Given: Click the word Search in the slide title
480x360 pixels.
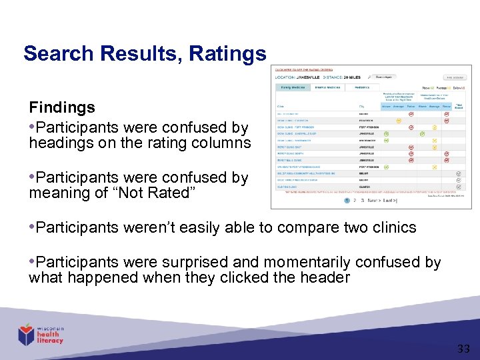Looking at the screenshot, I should (x=55, y=53).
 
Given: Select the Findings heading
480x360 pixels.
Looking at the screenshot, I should (x=61, y=107).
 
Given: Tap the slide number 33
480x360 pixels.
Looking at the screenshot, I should (x=463, y=348).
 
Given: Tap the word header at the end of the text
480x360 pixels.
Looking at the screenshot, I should (x=325, y=278).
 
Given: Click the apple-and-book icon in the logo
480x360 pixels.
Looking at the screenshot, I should (x=26, y=333).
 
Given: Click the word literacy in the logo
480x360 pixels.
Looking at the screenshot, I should (x=50, y=341).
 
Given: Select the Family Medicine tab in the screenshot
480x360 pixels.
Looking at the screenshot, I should (x=293, y=87).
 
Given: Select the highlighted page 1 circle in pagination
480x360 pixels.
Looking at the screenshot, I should (x=347, y=200).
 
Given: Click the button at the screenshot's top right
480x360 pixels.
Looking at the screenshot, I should (x=456, y=77).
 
